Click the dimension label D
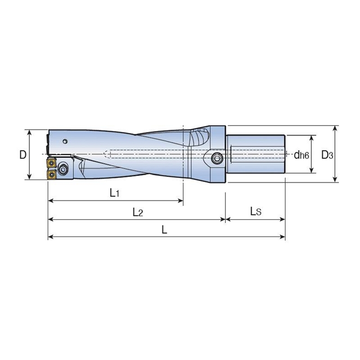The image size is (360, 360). (22, 155)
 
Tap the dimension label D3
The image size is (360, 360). (327, 155)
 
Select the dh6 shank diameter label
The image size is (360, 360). (301, 155)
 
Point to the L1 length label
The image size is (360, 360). (114, 193)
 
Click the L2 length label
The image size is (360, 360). (137, 212)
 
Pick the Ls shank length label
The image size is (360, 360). (255, 211)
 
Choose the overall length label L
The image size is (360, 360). (165, 229)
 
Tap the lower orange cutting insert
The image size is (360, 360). (51, 173)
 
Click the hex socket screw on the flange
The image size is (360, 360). (216, 158)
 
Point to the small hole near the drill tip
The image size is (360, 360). (66, 142)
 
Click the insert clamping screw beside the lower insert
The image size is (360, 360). (63, 170)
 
